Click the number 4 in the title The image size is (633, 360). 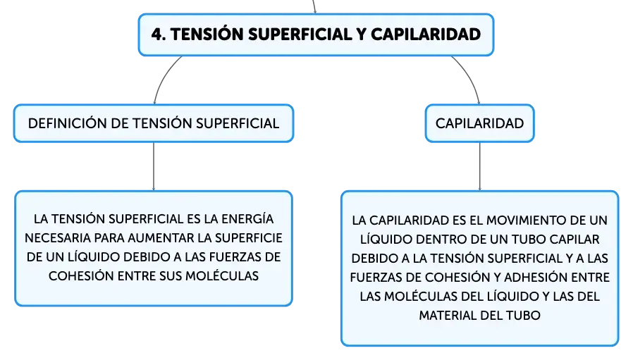[x=156, y=35]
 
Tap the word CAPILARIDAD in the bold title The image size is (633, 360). [x=426, y=35]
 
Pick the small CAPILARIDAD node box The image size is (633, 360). [x=479, y=123]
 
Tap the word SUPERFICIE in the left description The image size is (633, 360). [x=248, y=238]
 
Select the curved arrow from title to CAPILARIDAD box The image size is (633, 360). [x=470, y=76]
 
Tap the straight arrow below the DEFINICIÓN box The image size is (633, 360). [x=154, y=166]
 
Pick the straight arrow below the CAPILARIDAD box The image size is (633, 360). [x=480, y=166]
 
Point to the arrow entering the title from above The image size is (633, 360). [x=314, y=6]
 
